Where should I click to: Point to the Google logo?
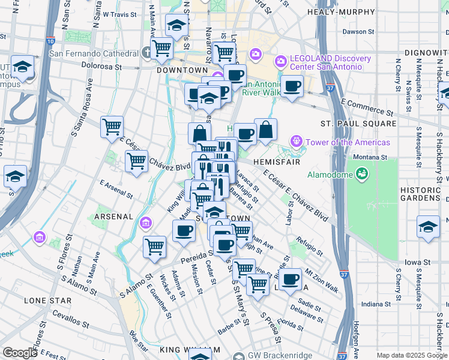click(x=20, y=352)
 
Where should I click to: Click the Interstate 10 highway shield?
click(x=50, y=41)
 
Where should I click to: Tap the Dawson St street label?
click(x=358, y=32)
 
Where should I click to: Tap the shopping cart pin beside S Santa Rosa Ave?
click(x=112, y=127)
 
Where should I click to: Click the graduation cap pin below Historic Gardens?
click(x=428, y=227)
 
